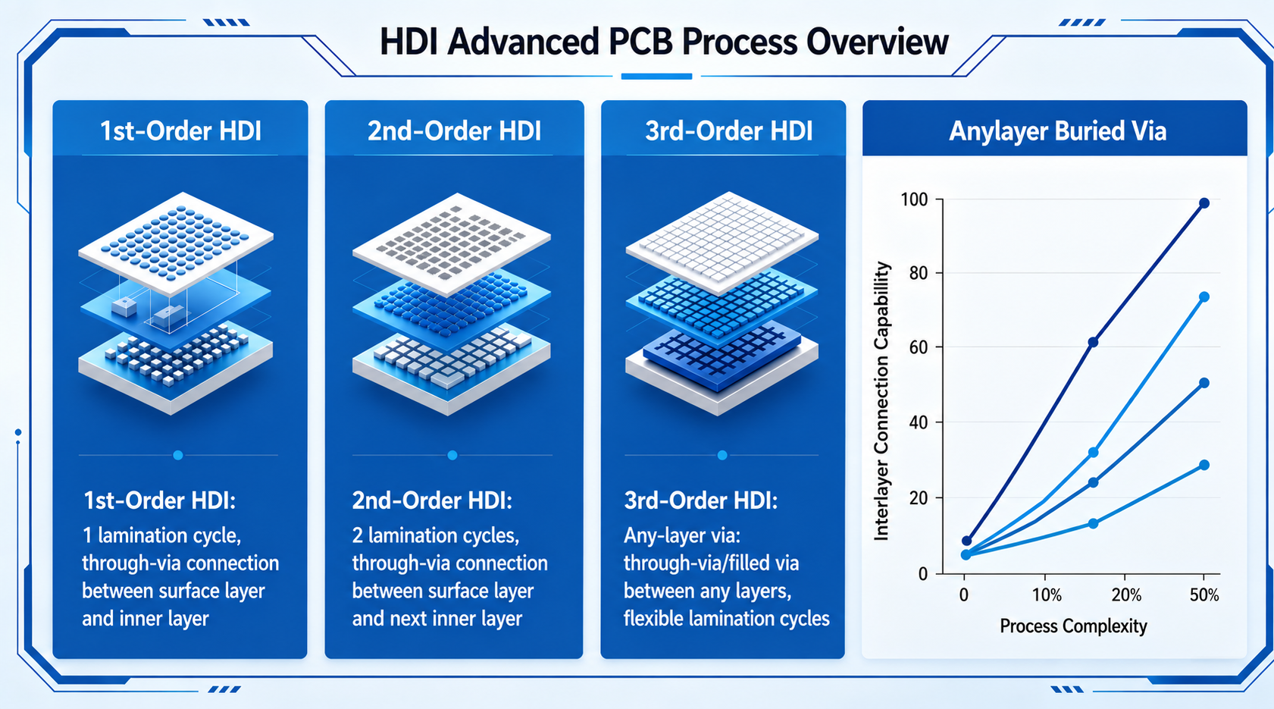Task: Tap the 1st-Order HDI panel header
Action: click(x=181, y=131)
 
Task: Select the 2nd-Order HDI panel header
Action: click(x=454, y=131)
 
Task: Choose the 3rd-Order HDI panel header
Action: click(x=728, y=131)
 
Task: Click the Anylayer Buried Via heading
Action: click(x=1057, y=131)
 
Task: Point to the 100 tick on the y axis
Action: click(x=914, y=199)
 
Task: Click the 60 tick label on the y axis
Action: click(x=919, y=347)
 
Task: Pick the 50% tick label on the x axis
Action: click(x=1204, y=595)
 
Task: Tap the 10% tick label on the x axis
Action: click(x=1047, y=595)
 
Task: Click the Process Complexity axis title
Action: click(x=1073, y=626)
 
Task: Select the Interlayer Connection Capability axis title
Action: click(x=881, y=400)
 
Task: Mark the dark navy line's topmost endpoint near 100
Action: click(x=1204, y=203)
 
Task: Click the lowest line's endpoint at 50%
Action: click(x=1204, y=465)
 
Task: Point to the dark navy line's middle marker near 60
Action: click(x=1093, y=342)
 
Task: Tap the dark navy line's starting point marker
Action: click(x=967, y=541)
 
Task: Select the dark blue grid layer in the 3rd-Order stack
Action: click(x=722, y=354)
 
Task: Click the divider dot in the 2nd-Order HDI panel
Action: click(x=452, y=455)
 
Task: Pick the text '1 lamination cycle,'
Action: click(x=161, y=536)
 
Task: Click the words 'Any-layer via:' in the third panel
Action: click(x=681, y=536)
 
